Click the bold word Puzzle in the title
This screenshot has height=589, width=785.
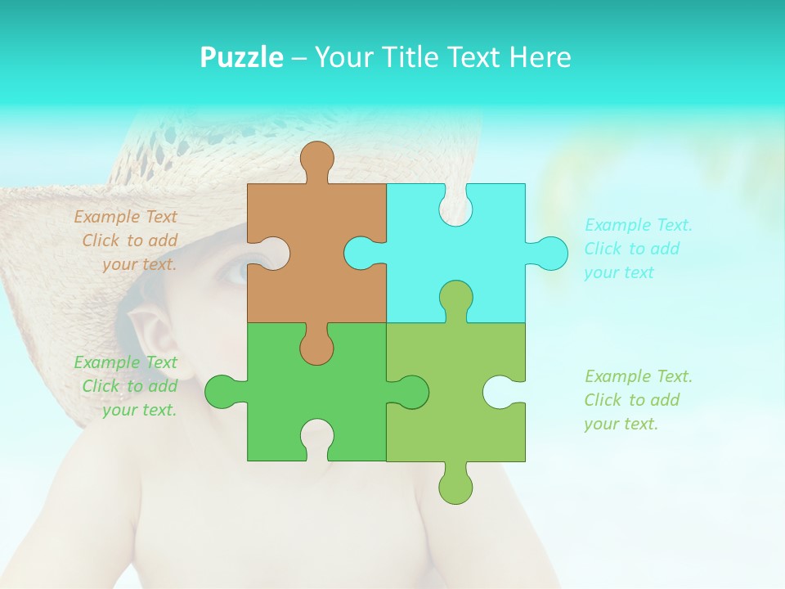click(241, 57)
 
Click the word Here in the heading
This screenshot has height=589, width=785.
click(540, 57)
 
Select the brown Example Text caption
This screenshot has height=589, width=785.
click(127, 241)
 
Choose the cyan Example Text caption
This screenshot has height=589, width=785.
click(638, 249)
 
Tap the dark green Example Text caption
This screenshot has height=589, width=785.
click(127, 386)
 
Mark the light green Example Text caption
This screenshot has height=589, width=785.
click(638, 400)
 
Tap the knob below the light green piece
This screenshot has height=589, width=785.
click(455, 486)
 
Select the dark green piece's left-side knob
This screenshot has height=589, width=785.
click(222, 392)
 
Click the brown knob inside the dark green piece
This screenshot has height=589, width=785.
click(316, 348)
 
